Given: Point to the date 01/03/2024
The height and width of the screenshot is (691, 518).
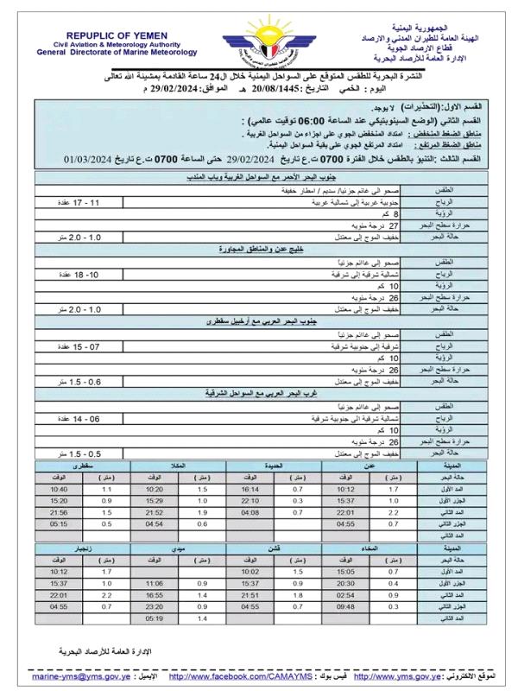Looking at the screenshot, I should pos(92,160).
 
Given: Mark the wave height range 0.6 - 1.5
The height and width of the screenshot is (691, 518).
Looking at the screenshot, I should pos(85,381).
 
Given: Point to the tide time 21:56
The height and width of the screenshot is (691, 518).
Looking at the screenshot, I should pos(59,511).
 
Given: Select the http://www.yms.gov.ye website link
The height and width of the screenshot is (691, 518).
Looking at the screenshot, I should pos(398,675).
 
